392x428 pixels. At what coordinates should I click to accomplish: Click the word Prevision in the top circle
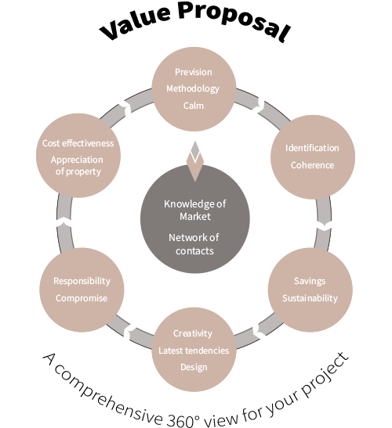coord(194,72)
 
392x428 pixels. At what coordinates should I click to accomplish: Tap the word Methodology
coord(193,88)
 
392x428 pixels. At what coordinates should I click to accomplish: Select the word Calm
coord(194,106)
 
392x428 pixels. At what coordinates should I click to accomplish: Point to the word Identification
coord(312,148)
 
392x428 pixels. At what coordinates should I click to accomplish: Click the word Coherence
coord(312,165)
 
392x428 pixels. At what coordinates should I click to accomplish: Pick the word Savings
coord(310,281)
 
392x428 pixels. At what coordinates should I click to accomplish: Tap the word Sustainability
coord(310,298)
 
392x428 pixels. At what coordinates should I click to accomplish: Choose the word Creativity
coord(193,333)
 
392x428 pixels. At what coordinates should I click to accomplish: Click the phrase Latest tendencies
coord(194,351)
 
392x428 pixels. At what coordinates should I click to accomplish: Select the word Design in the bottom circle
coord(194,368)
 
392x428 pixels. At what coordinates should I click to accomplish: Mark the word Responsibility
coord(82,281)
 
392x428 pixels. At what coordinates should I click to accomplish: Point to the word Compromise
coord(82,298)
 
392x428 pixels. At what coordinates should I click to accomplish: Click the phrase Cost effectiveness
coord(78,143)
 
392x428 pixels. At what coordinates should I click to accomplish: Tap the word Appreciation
coord(77,160)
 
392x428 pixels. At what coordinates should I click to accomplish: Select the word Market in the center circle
coord(195,217)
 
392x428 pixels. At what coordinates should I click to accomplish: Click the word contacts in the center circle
coord(194,251)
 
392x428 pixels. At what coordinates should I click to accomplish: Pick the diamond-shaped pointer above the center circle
coord(194,161)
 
